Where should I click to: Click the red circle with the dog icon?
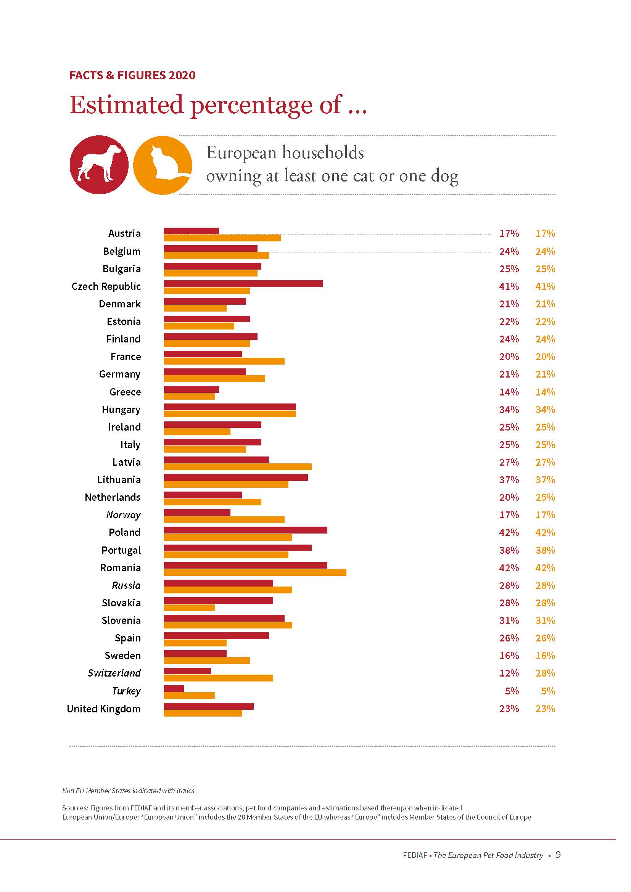tap(99, 164)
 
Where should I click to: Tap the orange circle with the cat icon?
tap(163, 165)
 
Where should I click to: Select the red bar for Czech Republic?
tap(243, 284)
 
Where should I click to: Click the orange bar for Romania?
tap(255, 572)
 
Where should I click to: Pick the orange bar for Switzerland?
tap(218, 678)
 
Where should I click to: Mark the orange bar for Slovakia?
tap(189, 608)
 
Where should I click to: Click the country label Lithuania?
tap(119, 480)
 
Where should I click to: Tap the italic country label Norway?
tap(124, 515)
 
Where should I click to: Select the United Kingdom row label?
tap(104, 709)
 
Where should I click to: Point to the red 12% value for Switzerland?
tap(509, 673)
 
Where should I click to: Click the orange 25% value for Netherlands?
tap(545, 497)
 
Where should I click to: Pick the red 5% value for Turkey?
tap(512, 691)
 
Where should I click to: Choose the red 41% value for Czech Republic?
tap(509, 286)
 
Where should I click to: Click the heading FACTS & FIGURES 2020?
tap(132, 75)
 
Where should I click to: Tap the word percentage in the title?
tap(251, 105)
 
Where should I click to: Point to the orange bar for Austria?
tap(222, 238)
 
